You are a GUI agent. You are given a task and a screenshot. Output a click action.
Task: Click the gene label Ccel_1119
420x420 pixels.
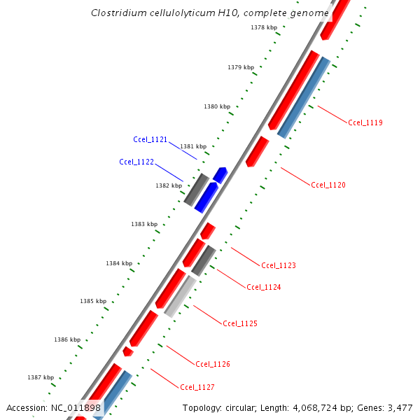tap(365, 122)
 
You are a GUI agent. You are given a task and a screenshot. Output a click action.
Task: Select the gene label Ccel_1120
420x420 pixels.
tap(328, 185)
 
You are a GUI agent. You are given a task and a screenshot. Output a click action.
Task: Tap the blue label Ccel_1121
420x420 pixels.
tap(150, 139)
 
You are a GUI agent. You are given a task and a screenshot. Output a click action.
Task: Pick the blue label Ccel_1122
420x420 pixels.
tap(136, 162)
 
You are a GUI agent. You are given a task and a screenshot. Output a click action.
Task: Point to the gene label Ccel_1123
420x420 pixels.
tap(279, 265)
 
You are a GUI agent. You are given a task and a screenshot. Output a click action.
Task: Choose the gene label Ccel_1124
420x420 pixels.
tap(264, 286)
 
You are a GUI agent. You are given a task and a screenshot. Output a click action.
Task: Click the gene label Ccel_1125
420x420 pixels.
tap(240, 323)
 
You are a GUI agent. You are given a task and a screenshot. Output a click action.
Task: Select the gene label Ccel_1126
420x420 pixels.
tap(213, 364)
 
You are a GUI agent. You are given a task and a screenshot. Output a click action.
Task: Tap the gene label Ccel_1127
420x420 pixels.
tap(197, 387)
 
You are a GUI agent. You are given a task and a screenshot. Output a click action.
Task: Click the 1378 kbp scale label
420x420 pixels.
tap(264, 27)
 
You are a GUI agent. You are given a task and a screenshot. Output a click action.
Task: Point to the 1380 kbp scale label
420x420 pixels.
tap(217, 106)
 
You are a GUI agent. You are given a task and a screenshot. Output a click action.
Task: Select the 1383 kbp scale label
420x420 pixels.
tap(144, 224)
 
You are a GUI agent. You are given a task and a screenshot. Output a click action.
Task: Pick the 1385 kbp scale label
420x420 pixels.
tap(93, 301)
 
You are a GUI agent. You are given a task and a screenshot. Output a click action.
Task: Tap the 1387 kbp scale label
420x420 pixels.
tap(41, 377)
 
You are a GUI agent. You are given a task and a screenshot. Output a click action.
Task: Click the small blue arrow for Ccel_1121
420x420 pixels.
tap(220, 174)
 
